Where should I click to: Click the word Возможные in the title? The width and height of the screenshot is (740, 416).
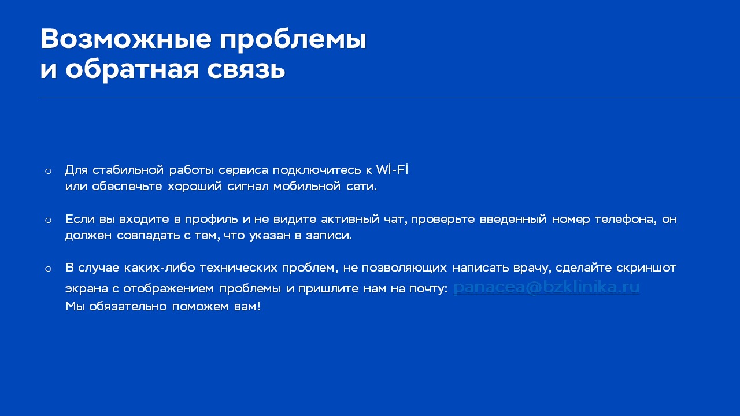126,39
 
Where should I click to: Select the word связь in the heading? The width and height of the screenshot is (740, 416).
246,70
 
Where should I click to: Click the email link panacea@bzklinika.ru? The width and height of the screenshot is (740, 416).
546,287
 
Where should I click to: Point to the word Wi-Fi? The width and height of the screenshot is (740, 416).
393,170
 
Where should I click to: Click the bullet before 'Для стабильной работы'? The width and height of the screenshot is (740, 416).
48,171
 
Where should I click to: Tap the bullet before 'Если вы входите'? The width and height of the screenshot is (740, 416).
48,220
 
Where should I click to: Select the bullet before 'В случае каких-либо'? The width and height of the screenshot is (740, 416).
48,269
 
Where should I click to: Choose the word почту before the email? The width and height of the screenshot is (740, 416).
428,289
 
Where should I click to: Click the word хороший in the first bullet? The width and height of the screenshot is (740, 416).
195,187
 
